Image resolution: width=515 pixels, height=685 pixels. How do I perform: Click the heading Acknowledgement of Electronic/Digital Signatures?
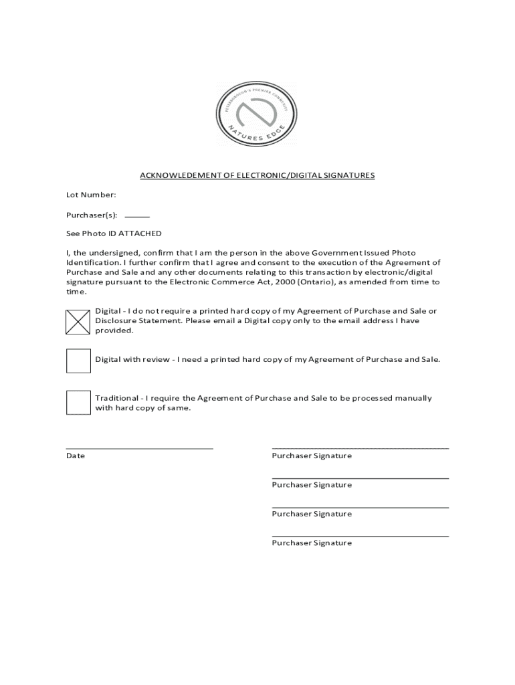pos(257,175)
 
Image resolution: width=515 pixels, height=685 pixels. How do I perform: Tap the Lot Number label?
pos(91,195)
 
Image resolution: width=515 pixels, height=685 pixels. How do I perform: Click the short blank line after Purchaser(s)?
pos(137,217)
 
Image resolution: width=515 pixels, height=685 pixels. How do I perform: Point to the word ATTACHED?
pos(140,233)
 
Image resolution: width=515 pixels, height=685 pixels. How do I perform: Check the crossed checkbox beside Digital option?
pos(78,321)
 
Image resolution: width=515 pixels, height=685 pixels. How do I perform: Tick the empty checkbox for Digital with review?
pos(78,361)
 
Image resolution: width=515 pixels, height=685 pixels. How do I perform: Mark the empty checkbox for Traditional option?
pos(78,402)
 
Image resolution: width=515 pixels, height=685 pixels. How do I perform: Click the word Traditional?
pos(116,398)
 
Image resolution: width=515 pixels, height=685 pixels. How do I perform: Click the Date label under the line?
pos(76,456)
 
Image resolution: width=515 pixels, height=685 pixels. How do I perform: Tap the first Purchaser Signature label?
pos(312,456)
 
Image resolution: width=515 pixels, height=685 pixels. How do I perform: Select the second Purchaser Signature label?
pos(312,485)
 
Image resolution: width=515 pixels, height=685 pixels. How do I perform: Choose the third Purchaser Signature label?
pos(312,514)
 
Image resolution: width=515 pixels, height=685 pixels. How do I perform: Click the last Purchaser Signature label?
pos(312,543)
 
